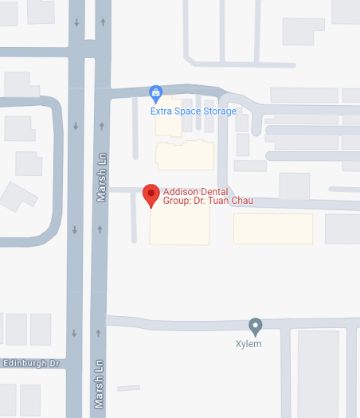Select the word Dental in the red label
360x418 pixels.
click(x=215, y=191)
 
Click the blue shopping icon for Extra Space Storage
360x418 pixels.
click(x=156, y=94)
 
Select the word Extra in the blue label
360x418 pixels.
click(x=162, y=111)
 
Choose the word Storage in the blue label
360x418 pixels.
click(x=220, y=111)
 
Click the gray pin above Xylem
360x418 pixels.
click(x=255, y=326)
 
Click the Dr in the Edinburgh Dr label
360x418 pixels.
click(x=55, y=364)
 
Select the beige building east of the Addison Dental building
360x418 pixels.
click(x=272, y=229)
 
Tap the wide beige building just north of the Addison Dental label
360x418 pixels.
click(x=185, y=155)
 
